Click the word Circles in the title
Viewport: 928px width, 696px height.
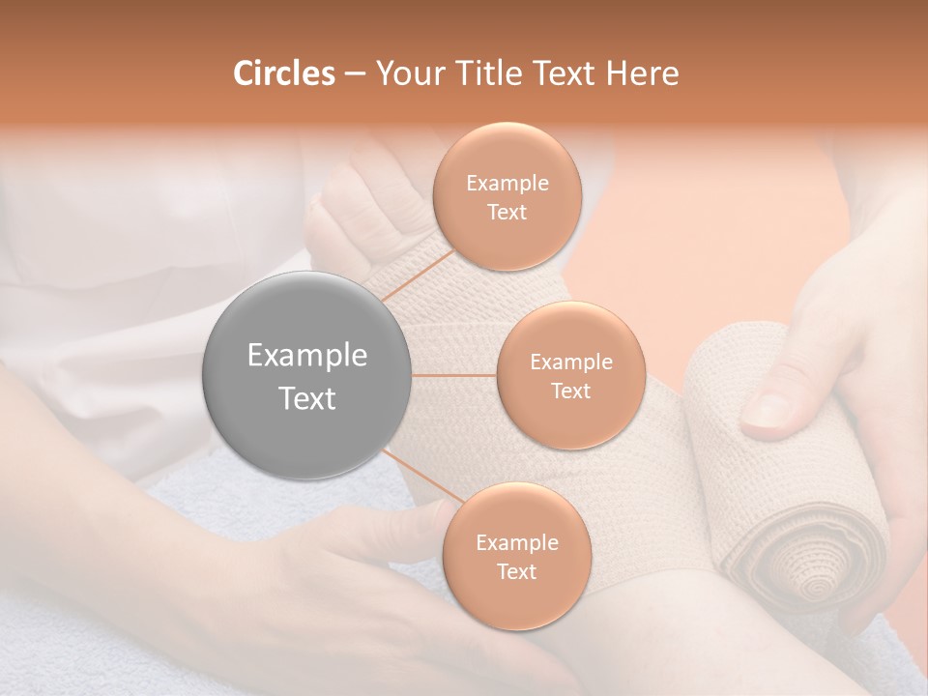(283, 73)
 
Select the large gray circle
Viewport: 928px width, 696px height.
(307, 376)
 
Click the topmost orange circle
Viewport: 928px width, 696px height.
(507, 196)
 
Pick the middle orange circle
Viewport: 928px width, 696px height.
(570, 376)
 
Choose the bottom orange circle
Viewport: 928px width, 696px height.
(516, 556)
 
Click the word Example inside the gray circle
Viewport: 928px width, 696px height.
(307, 356)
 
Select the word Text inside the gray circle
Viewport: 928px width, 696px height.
(307, 398)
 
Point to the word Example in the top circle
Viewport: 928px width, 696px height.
(507, 184)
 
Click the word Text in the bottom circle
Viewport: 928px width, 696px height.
(516, 571)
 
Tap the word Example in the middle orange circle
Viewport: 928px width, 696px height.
(570, 362)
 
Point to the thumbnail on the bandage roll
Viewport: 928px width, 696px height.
(768, 411)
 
